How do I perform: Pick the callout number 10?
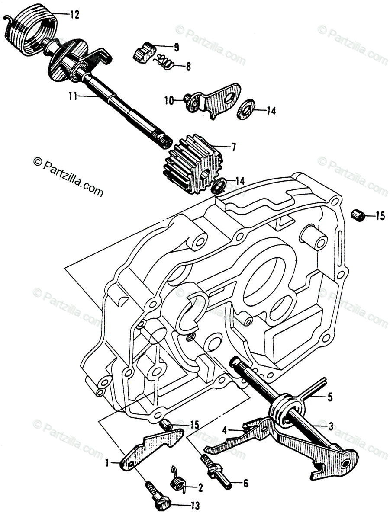click(x=168, y=101)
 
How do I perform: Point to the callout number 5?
click(x=330, y=397)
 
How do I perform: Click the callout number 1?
click(x=106, y=464)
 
